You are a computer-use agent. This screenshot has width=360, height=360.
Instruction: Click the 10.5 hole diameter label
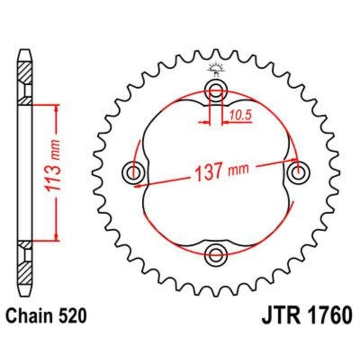coord(239,115)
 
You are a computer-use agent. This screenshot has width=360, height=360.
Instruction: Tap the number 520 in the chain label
coord(71,316)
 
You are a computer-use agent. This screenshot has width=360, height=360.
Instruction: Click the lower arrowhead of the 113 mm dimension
coord(56,237)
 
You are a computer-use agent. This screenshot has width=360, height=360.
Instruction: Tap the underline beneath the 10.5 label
coord(238,122)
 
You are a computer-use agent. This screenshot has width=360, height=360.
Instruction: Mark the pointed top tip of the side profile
coord(25,49)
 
